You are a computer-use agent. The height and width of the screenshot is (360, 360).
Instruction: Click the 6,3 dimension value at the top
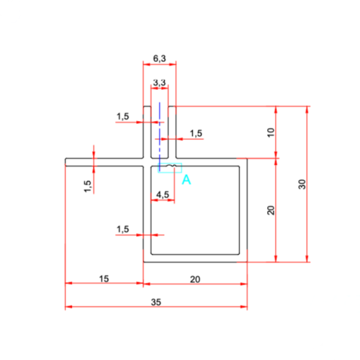tap(160, 58)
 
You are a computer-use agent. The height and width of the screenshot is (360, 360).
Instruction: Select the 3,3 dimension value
tap(160, 83)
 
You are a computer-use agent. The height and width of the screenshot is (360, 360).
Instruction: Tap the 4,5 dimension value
tap(163, 194)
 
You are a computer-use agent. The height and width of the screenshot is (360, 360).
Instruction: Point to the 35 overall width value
tap(156, 302)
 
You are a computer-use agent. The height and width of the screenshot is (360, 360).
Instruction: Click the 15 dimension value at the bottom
tap(104, 279)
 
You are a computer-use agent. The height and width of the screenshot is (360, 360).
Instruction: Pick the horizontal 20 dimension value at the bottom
tap(195, 279)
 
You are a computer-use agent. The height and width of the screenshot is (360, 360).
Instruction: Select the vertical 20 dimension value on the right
tap(271, 210)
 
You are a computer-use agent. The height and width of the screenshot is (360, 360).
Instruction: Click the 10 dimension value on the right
tap(271, 132)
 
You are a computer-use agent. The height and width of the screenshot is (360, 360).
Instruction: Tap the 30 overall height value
tap(302, 184)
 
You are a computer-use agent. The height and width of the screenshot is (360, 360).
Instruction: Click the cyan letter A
tap(186, 179)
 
